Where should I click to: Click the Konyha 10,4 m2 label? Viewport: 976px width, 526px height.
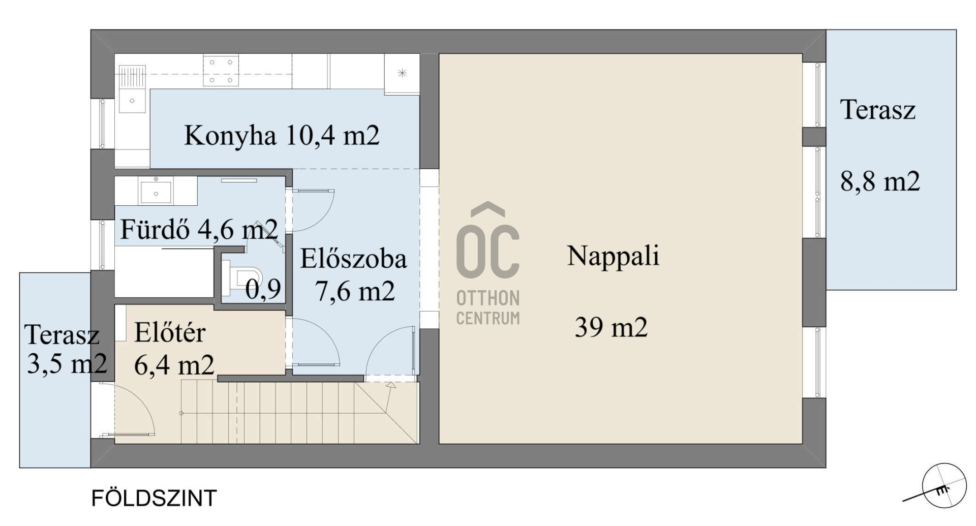[x=282, y=136]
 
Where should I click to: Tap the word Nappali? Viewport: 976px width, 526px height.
[x=613, y=256]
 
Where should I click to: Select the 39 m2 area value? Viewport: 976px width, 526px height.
[x=611, y=327]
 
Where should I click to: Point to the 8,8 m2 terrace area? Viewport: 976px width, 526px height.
[x=880, y=181]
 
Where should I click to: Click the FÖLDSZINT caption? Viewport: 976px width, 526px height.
[x=154, y=499]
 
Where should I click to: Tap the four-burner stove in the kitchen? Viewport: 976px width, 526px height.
[x=221, y=71]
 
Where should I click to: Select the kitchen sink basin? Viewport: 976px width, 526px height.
[x=132, y=101]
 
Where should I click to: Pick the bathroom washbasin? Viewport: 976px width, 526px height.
[x=156, y=191]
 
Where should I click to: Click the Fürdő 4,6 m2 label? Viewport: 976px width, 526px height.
[x=199, y=230]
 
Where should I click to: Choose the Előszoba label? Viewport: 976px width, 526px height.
[x=353, y=259]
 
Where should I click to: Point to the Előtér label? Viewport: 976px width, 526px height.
[x=170, y=333]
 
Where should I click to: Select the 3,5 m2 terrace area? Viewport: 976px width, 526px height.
[x=67, y=364]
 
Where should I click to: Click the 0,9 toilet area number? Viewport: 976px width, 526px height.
[x=263, y=290]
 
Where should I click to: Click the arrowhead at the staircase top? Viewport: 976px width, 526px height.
[x=390, y=386]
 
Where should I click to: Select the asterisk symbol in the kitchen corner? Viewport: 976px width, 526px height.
[x=402, y=73]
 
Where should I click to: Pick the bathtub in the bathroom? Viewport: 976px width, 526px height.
[x=164, y=273]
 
